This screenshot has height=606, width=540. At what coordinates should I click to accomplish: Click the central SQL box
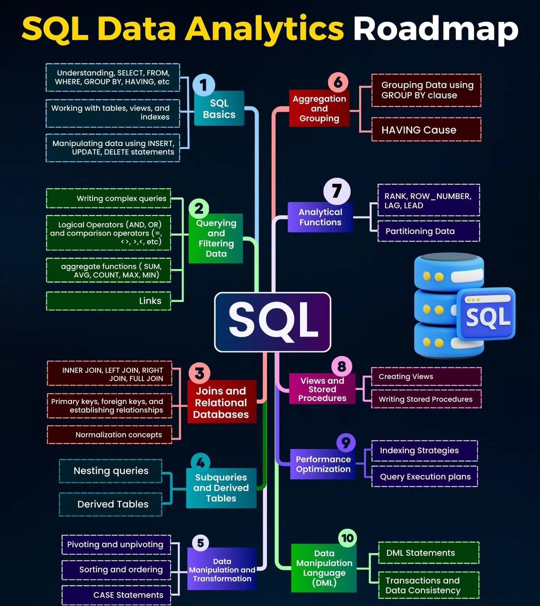[x=272, y=321]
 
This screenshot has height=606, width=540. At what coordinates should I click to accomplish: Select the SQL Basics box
[x=219, y=108]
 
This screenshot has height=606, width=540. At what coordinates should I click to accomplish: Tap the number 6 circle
[x=338, y=82]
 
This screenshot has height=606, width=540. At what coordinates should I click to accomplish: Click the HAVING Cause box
[x=426, y=130]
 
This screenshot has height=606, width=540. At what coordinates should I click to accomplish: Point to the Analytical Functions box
[x=320, y=217]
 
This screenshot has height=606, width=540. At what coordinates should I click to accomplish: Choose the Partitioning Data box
[x=428, y=231]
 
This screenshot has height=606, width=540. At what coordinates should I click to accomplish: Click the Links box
[x=108, y=301]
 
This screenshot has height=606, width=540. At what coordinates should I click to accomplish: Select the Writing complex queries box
[x=108, y=198]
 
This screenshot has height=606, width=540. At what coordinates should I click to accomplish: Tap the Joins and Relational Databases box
[x=221, y=402]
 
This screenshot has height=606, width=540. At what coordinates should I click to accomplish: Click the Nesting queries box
[x=110, y=471]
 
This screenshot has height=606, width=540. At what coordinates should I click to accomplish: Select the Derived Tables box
[x=110, y=504]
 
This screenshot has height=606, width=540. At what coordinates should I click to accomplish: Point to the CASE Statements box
[x=116, y=595]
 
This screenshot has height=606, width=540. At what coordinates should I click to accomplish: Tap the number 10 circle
[x=347, y=538]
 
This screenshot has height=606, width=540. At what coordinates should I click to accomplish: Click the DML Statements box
[x=428, y=553]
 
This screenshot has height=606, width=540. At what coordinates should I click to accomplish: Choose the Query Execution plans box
[x=424, y=476]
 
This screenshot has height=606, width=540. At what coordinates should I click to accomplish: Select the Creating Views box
[x=426, y=376]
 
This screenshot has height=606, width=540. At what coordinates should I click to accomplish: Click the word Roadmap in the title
[x=435, y=28]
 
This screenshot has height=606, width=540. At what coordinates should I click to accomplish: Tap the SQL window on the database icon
[x=486, y=314]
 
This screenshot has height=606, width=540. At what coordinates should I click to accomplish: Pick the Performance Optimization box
[x=323, y=464]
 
